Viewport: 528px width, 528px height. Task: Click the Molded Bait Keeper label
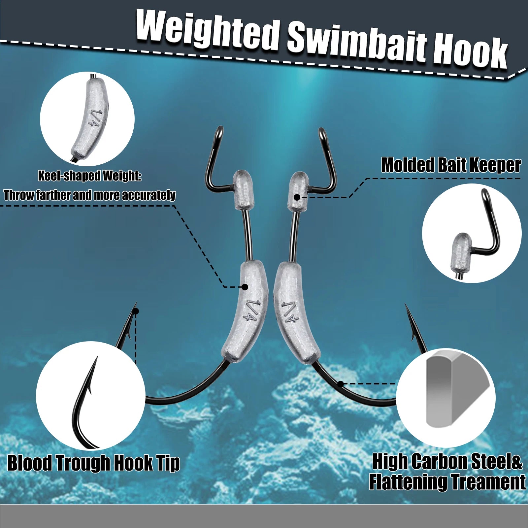coord(451,165)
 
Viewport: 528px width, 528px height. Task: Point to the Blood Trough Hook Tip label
coord(93,463)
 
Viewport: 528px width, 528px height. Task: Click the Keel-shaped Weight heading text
coord(89,176)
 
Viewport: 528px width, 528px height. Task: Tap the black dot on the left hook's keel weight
coord(245,287)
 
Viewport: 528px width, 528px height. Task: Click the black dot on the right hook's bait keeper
coord(297,197)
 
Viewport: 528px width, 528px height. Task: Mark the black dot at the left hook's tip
coord(136,311)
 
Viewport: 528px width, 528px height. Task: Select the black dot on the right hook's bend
coord(341,384)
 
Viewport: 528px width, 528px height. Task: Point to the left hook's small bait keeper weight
coord(244,190)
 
